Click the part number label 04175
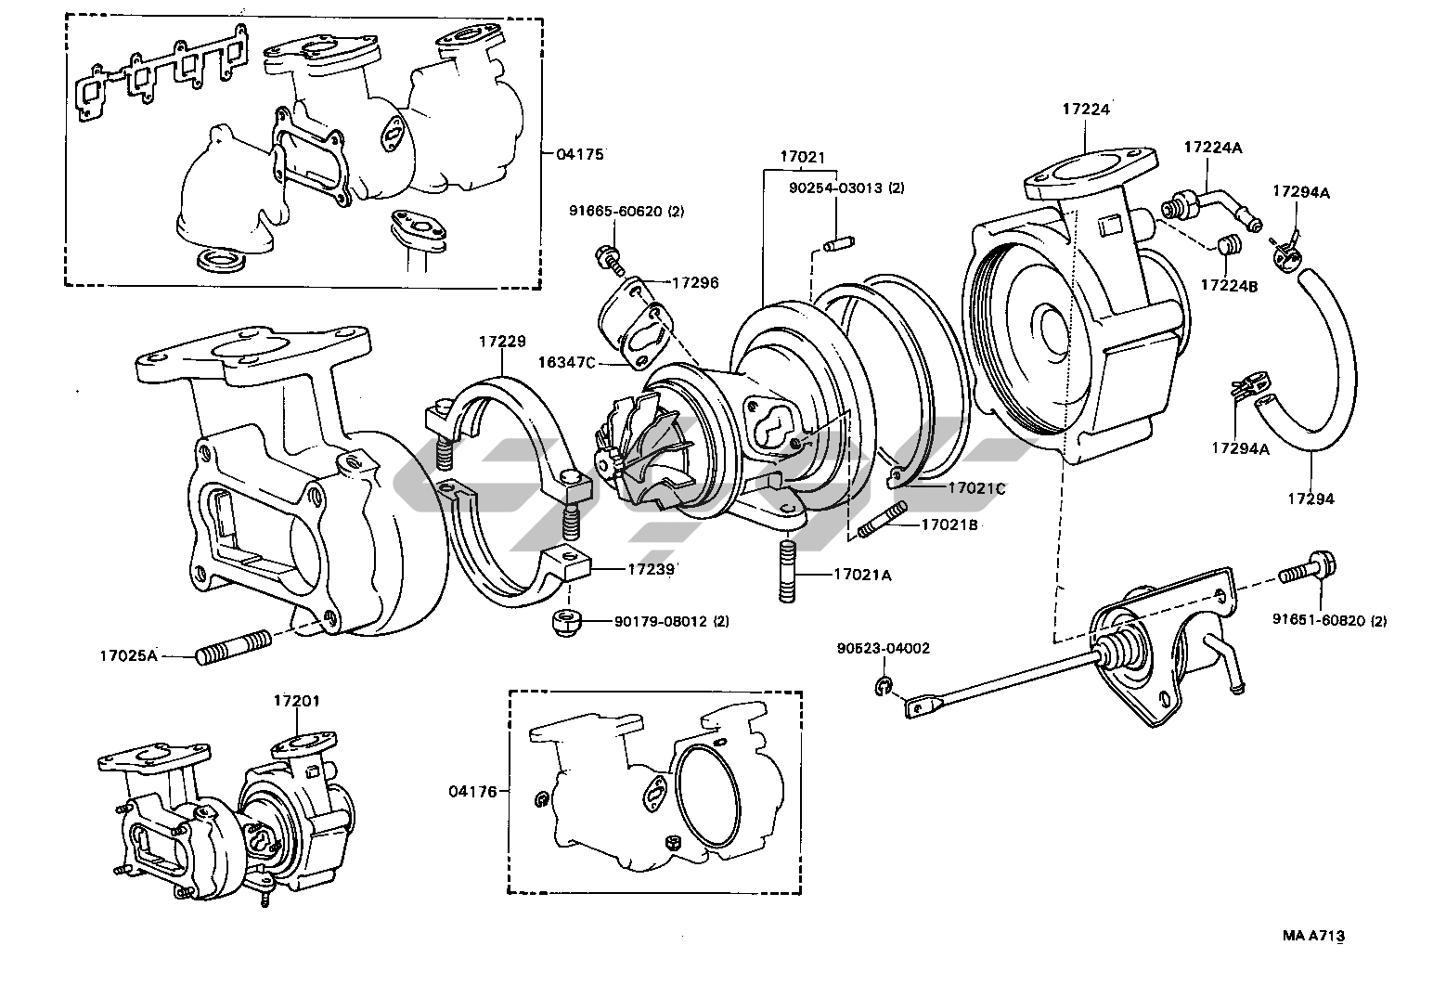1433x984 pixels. [581, 154]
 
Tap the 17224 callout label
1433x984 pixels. [1086, 109]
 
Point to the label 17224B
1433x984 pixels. [1230, 286]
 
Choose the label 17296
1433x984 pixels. [696, 282]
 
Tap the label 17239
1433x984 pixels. [651, 567]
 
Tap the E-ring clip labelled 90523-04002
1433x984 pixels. [881, 687]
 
